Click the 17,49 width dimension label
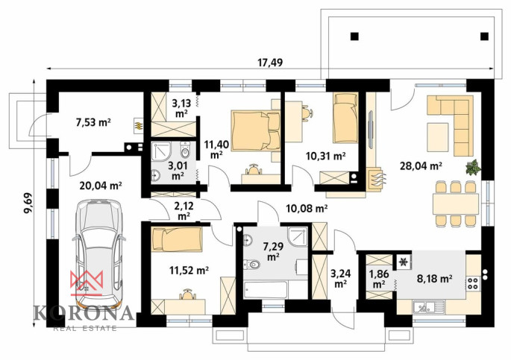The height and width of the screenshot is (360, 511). coord(270,62)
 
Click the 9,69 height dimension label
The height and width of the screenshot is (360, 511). coord(28,203)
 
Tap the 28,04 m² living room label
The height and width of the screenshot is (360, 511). coord(421,166)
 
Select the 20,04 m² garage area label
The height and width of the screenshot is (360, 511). coord(101,186)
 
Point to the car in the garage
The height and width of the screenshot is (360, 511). coord(98,255)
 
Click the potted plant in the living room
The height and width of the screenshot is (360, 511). coord(473,167)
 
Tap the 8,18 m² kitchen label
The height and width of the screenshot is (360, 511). coord(434,279)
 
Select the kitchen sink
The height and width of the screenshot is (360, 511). coord(428,307)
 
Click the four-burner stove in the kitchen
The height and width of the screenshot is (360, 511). coord(473,283)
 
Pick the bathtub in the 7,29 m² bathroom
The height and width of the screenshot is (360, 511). coord(266,290)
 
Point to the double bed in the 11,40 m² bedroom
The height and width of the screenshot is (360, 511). coord(255,130)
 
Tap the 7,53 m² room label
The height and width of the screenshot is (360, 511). coord(93,122)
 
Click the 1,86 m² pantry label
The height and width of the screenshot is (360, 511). coord(379,279)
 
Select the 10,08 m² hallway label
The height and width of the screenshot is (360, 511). coord(307,208)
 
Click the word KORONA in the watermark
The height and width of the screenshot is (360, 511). coord(84,313)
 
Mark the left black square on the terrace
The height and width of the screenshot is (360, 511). coord(354,36)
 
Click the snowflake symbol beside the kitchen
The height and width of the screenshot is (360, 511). coord(404,262)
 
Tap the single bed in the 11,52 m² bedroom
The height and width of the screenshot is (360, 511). coord(177,239)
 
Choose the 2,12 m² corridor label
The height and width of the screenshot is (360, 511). coord(184,211)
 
